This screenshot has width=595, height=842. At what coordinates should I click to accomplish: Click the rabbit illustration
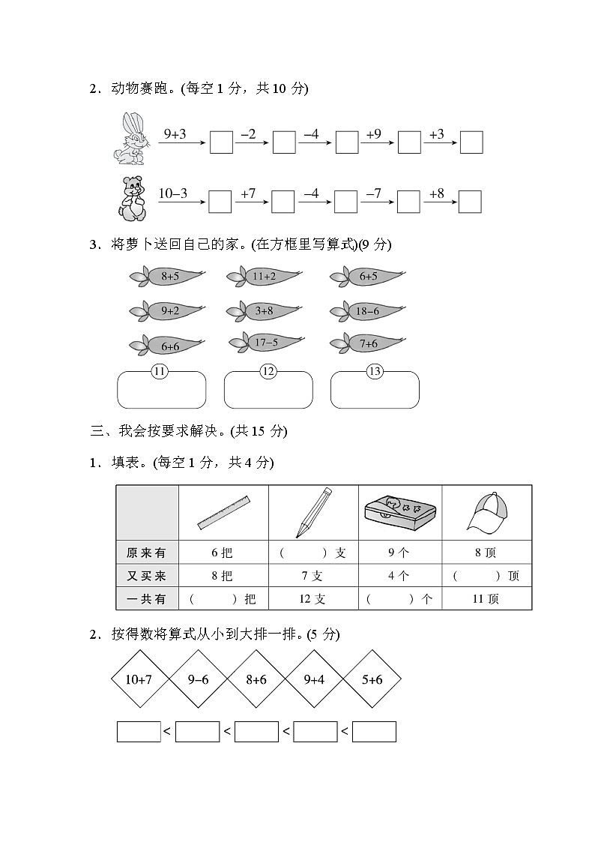[127, 139]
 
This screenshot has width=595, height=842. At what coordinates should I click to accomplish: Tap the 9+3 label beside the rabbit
[175, 134]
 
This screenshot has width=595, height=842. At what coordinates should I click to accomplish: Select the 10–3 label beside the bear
[173, 193]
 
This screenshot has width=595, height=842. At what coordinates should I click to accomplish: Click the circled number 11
[159, 371]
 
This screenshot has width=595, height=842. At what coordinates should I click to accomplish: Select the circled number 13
[375, 371]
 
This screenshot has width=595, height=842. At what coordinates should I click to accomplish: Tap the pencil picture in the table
[313, 512]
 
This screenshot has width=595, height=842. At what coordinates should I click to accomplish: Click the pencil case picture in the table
[400, 513]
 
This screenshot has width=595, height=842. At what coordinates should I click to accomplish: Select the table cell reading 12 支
[312, 599]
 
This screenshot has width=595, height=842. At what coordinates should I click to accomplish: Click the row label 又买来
[147, 576]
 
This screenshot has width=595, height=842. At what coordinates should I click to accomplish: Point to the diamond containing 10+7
[139, 680]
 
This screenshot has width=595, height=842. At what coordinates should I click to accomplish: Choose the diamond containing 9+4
[313, 680]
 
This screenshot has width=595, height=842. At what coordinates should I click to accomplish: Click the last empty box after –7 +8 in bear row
[469, 202]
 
